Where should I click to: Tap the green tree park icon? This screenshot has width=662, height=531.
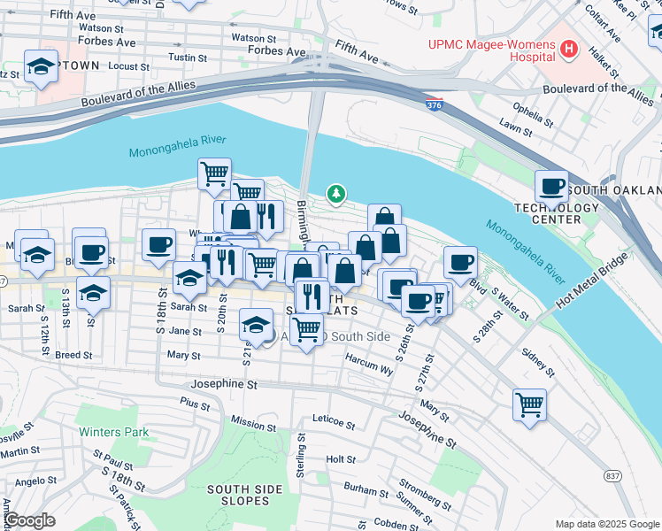(335, 192)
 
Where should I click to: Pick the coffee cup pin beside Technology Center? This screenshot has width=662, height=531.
(551, 187)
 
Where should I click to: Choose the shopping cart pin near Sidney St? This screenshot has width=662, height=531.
(528, 405)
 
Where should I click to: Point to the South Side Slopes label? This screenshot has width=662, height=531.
(238, 495)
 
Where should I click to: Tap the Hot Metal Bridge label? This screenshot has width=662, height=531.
(591, 281)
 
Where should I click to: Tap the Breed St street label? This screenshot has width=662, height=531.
(73, 355)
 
